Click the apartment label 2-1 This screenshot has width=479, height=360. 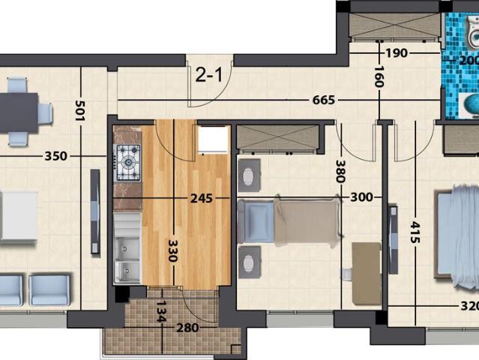coord(208,74)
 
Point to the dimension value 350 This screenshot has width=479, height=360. coord(55,156)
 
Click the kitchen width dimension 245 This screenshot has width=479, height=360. coord(201,198)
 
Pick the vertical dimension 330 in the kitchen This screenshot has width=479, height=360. coord(173,250)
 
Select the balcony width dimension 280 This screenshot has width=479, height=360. coord(187,327)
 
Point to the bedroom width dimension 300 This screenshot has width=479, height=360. coord(361,197)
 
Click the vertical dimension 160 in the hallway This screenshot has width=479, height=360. coord(378,76)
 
